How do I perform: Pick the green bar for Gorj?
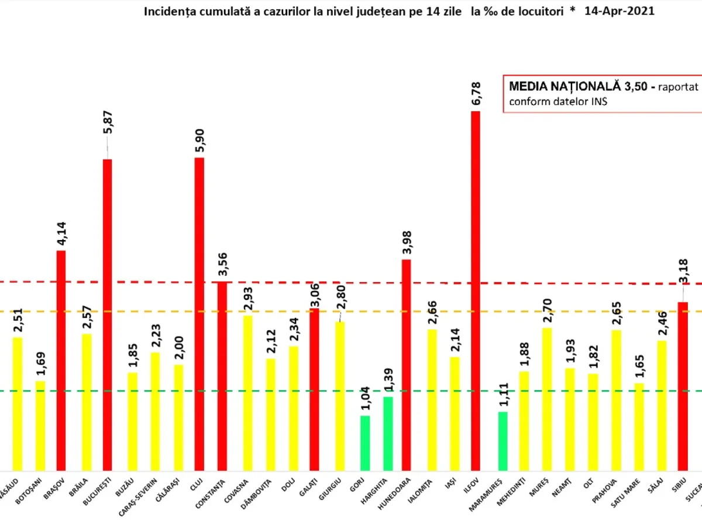[365, 443]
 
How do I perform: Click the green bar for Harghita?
[388, 433]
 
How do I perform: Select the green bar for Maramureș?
[503, 441]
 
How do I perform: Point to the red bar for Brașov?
[61, 360]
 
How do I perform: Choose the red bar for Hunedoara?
[406, 364]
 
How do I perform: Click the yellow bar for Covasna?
[247, 392]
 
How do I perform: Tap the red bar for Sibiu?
[682, 386]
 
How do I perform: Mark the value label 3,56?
[223, 264]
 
